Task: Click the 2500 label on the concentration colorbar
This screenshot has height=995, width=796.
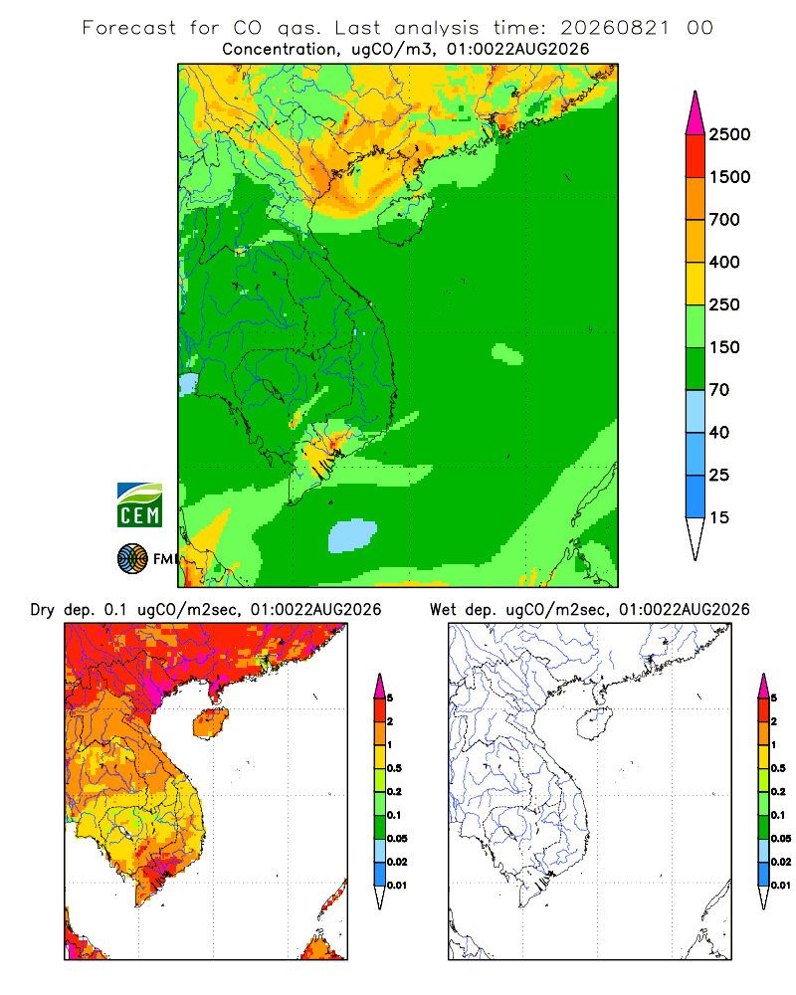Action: tap(729, 134)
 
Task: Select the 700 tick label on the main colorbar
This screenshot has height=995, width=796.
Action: tap(724, 220)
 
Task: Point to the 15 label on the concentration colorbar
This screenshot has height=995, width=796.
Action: tap(719, 517)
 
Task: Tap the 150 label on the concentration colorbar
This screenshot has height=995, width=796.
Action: tap(724, 347)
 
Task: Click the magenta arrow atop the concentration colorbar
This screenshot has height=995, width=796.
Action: tap(696, 113)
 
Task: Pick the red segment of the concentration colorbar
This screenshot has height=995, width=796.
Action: tap(696, 155)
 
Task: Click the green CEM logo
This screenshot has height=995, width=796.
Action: tap(139, 505)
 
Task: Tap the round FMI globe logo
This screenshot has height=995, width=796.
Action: tap(132, 559)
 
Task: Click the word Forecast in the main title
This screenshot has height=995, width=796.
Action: tap(129, 28)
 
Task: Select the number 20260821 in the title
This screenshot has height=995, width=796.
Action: tap(615, 28)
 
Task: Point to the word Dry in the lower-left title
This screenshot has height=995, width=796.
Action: tap(43, 610)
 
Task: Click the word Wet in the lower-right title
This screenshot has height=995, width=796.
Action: tap(443, 610)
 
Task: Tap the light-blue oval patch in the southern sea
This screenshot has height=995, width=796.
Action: tap(352, 535)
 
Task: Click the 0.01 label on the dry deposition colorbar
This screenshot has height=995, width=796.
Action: tap(397, 886)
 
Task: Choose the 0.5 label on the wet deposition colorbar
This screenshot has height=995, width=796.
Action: tap(777, 768)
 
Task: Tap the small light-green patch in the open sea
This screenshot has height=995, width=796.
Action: tap(507, 354)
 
